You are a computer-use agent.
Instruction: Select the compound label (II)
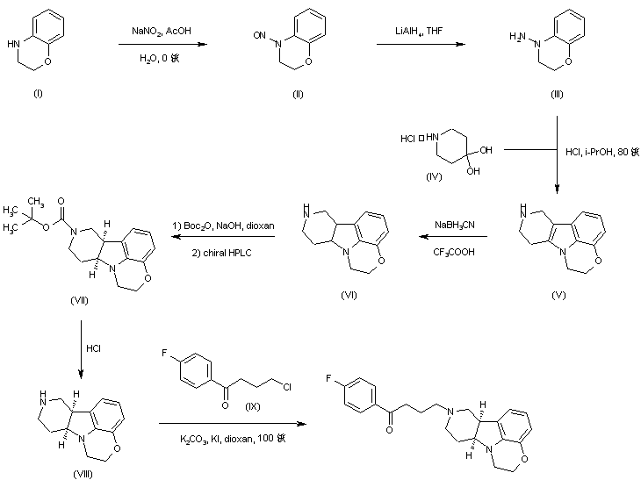click(298, 94)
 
